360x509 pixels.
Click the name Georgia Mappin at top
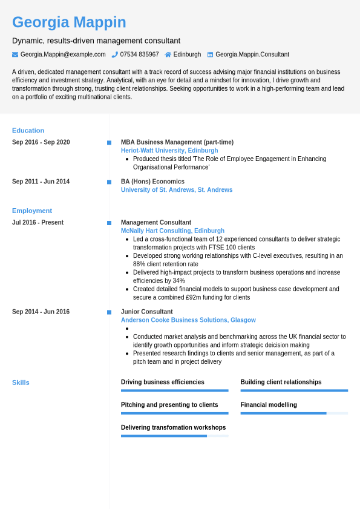[69, 22]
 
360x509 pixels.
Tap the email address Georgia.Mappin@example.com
[63, 54]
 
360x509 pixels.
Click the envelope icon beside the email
[15, 54]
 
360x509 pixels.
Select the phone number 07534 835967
[139, 54]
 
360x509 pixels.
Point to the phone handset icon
[114, 54]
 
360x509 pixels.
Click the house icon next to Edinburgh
[168, 54]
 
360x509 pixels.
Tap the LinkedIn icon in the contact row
[210, 54]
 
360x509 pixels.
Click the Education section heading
[28, 130]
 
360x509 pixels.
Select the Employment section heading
[32, 211]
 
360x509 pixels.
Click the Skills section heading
[21, 383]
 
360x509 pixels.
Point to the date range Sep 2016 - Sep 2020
[41, 142]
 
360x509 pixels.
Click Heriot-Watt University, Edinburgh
[169, 151]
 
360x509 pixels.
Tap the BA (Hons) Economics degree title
[152, 182]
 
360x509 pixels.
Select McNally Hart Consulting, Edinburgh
[172, 231]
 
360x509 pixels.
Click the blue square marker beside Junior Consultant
[109, 312]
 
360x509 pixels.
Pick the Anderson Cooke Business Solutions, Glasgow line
[188, 320]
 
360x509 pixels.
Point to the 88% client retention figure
[139, 264]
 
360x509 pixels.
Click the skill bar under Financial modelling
[294, 413]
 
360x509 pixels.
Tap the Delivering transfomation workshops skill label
[173, 427]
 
